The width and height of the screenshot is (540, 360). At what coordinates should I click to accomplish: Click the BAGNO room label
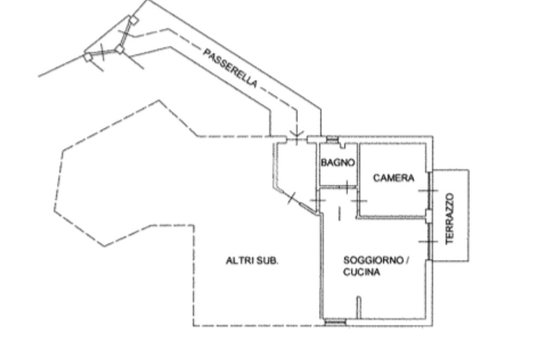(x=337, y=163)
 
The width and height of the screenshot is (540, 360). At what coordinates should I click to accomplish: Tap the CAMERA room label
(x=393, y=178)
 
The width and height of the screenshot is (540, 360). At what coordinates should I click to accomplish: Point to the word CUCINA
(x=362, y=273)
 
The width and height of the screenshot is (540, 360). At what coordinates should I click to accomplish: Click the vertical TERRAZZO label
(x=450, y=219)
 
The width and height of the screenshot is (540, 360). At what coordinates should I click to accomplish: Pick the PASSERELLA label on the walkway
(x=230, y=68)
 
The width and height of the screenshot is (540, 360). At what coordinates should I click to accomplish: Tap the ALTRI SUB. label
(x=252, y=260)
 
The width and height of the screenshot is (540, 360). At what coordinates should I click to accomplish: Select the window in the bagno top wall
(x=332, y=139)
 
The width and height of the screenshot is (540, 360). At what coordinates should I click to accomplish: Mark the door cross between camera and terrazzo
(x=428, y=190)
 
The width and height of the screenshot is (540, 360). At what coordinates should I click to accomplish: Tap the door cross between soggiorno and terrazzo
(x=428, y=241)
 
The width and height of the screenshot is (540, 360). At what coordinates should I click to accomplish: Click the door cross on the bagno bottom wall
(x=346, y=186)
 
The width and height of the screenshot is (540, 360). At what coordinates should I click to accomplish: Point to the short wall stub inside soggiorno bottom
(x=358, y=308)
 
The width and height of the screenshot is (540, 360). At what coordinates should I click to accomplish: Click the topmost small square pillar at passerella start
(x=134, y=20)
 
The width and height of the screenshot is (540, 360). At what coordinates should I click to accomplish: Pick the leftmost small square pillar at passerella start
(x=88, y=57)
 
